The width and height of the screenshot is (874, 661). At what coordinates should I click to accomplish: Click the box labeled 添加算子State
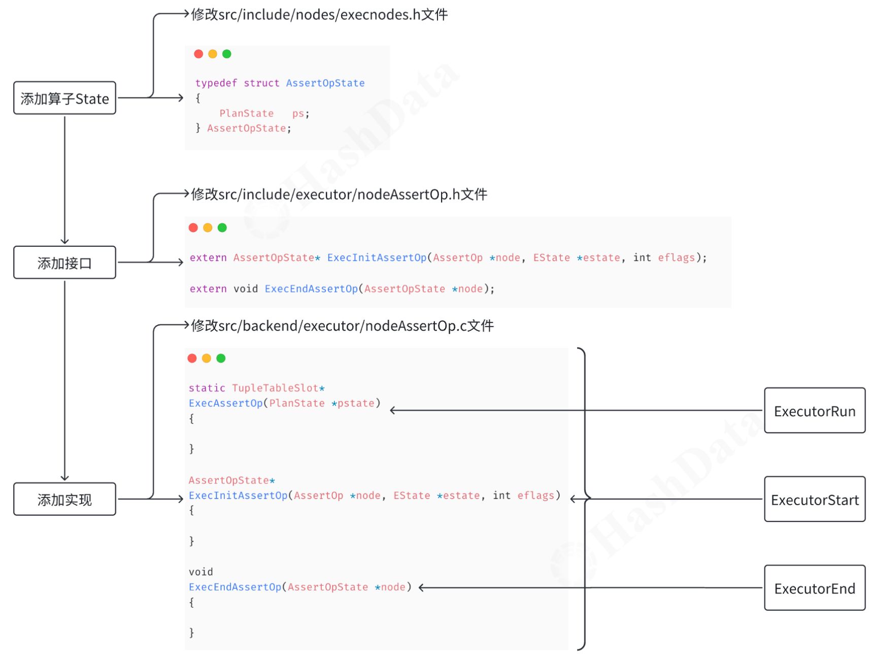(64, 98)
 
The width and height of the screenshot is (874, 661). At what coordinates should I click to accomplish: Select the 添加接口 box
(64, 262)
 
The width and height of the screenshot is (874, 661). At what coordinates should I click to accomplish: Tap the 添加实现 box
(64, 499)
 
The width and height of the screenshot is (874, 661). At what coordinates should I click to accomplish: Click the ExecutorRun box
(814, 411)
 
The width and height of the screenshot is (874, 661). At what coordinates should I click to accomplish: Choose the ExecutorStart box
(814, 500)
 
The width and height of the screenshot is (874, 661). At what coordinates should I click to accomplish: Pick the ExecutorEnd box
(814, 588)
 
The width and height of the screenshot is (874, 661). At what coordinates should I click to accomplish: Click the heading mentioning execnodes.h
(319, 15)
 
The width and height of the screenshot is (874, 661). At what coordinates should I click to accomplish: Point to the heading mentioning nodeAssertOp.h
(339, 194)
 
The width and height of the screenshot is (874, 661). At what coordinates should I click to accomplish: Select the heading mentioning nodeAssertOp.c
(342, 325)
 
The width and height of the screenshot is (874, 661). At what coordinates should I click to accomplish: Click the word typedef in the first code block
(216, 83)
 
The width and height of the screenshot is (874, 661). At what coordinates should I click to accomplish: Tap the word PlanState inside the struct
(246, 113)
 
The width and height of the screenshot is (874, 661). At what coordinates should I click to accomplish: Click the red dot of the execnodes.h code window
(198, 54)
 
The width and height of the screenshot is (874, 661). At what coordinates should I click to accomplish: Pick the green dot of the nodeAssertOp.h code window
(222, 227)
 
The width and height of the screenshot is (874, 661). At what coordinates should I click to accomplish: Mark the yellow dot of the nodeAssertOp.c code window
(206, 358)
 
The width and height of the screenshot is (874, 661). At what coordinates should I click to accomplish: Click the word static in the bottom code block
(207, 388)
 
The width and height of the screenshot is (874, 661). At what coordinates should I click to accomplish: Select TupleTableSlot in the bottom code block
(275, 388)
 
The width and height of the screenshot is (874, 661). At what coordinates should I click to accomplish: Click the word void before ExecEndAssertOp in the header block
(246, 288)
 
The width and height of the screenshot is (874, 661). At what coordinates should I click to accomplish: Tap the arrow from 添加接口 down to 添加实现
(64, 381)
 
